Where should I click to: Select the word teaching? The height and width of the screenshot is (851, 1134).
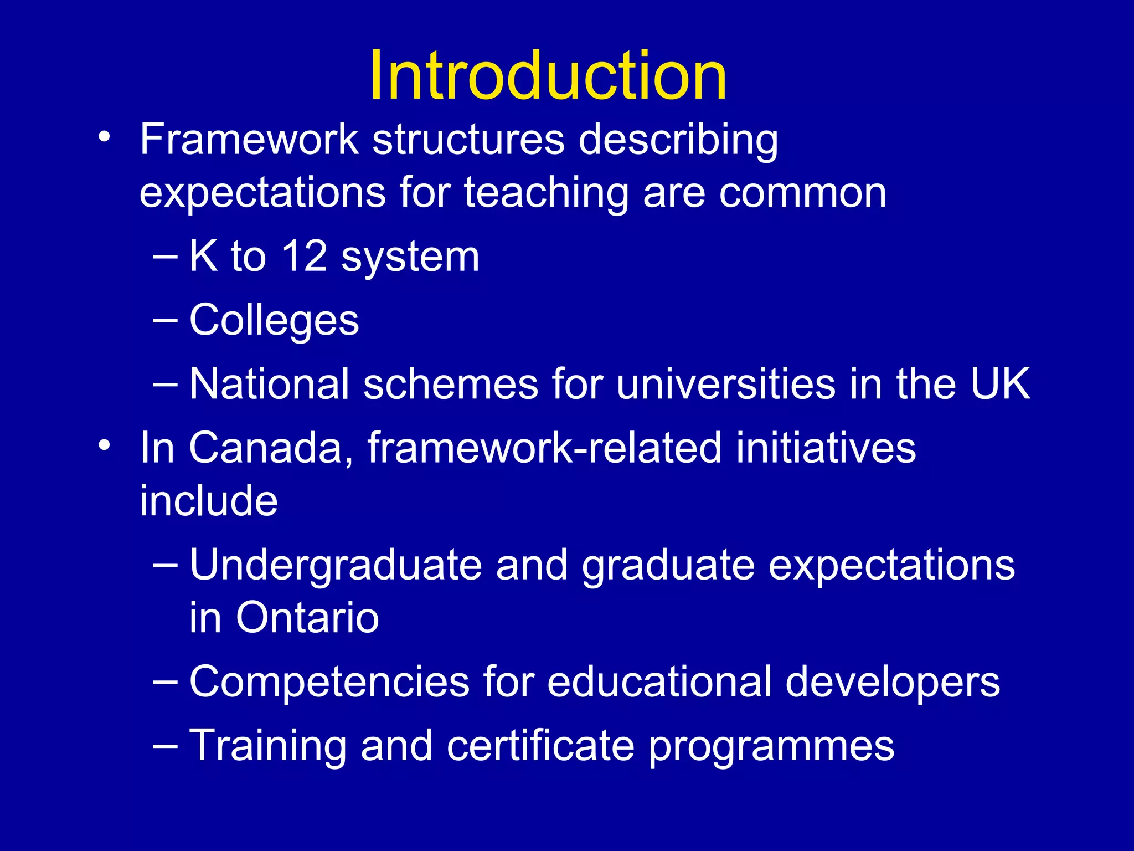click(x=547, y=193)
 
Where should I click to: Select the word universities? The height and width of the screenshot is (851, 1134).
click(x=726, y=383)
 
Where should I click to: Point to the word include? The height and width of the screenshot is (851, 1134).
click(x=209, y=500)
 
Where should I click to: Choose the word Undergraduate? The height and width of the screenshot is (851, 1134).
click(x=336, y=566)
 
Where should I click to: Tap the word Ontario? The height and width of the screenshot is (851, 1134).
click(x=307, y=617)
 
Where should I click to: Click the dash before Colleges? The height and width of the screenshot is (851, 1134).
click(x=165, y=320)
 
